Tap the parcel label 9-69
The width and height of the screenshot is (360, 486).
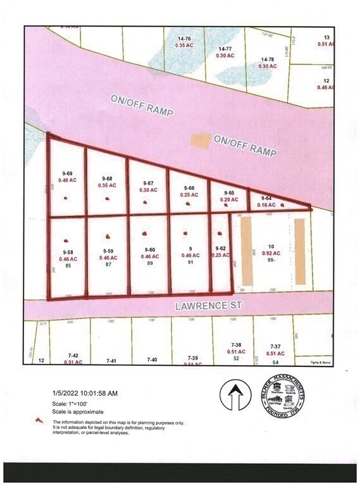(x=67, y=173)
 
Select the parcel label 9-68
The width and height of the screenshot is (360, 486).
(x=107, y=178)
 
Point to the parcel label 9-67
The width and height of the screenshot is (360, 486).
(x=147, y=183)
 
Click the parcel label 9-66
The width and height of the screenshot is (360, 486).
(x=188, y=188)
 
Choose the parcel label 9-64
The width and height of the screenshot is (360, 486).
(x=266, y=199)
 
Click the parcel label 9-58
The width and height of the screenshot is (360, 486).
(x=67, y=252)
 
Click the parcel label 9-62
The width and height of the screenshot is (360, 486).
(x=220, y=249)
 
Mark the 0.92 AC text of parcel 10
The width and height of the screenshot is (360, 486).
(x=272, y=253)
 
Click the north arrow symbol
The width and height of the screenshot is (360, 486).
(x=235, y=397)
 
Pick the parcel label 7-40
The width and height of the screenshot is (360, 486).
(x=152, y=359)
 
